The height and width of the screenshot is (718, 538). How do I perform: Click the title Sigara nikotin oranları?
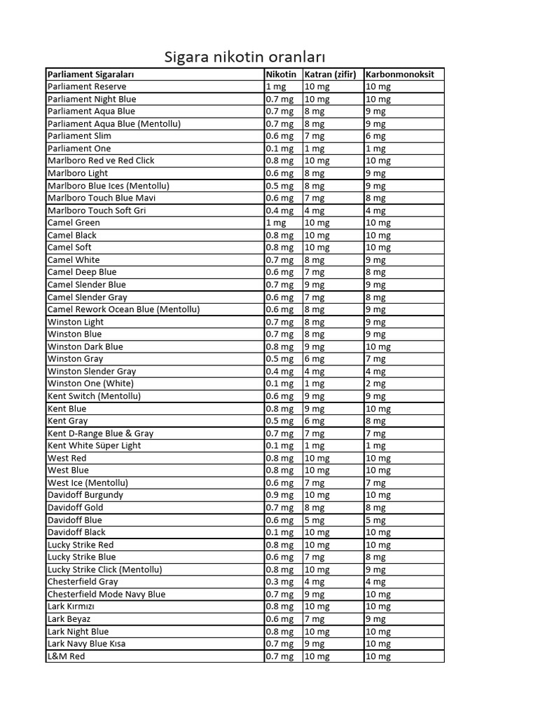point(245,57)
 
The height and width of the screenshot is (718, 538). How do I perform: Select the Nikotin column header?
point(281,74)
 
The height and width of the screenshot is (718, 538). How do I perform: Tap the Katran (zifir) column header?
point(330,74)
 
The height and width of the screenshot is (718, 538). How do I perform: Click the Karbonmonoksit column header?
point(400,74)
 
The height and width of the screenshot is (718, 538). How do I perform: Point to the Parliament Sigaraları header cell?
point(90,74)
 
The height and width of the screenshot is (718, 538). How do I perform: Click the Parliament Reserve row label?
point(87,86)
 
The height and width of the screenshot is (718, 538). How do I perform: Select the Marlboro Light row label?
point(78,173)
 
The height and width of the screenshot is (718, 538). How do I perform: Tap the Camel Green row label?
point(74,222)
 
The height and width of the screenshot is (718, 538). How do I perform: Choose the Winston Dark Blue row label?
point(85,346)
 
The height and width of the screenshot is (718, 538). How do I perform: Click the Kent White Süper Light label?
point(94,445)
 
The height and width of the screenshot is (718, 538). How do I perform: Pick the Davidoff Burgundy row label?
point(85,495)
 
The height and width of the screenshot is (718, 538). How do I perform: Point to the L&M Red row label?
point(66,656)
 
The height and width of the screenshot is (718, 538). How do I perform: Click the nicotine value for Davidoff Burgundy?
point(280,495)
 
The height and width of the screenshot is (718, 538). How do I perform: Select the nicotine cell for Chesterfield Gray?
point(280,582)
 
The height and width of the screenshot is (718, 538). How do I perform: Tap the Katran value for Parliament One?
point(315,149)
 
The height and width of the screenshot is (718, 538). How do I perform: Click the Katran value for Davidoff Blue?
point(315,520)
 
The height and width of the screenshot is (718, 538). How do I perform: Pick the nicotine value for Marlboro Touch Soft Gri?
point(280,210)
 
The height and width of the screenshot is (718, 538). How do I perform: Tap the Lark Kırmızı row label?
point(71,607)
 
